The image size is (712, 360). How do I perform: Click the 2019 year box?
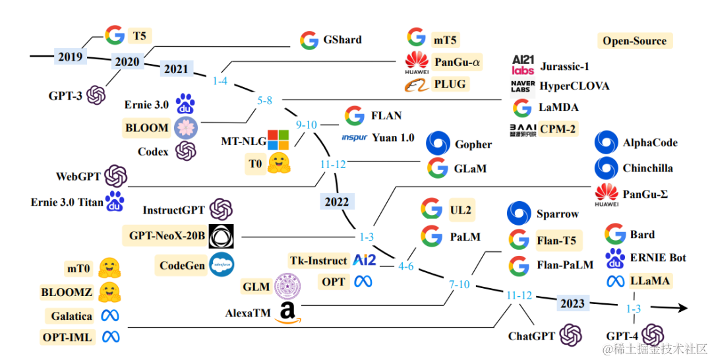[x=70, y=57]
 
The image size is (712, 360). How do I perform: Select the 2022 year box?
[x=336, y=200]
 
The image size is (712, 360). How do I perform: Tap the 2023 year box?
[x=572, y=304]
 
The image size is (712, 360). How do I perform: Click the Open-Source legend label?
[x=634, y=41]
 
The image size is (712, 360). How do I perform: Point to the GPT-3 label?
[x=65, y=96]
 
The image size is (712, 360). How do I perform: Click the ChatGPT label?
[x=531, y=336]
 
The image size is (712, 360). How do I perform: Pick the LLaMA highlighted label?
[x=649, y=282]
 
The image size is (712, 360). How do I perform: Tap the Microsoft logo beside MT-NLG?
[x=278, y=140]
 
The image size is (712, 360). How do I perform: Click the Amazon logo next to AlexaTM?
[x=287, y=313]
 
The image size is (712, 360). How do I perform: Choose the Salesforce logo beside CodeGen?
[x=221, y=266]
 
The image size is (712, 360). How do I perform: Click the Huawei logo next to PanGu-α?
[x=417, y=62]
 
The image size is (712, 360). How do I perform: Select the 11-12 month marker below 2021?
[x=333, y=165]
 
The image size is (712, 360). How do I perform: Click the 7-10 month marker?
[x=460, y=285]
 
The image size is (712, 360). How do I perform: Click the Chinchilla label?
[x=647, y=168]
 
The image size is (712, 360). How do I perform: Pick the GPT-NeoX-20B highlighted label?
[x=165, y=235]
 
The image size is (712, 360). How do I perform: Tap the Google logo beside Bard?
[x=615, y=235]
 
